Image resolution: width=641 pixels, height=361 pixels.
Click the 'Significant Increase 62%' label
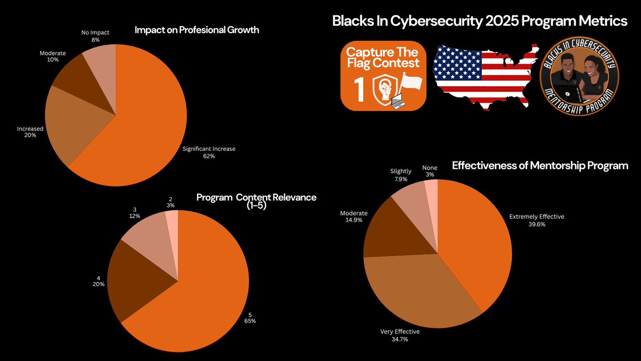point(209,152)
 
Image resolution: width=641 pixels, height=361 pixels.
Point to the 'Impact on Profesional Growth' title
point(197,30)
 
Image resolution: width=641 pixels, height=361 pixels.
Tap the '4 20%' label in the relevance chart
point(98,281)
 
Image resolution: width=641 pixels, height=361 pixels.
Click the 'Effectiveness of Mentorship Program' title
point(540,166)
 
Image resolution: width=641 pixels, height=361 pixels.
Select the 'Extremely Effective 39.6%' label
point(536,220)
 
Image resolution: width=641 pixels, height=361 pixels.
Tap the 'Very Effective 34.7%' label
point(400,335)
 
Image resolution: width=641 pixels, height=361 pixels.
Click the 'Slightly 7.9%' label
point(401,175)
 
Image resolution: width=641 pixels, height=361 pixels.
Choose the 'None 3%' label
point(429,171)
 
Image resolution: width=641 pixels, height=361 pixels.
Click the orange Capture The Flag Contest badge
point(383,73)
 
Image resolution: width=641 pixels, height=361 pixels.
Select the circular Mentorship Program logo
point(579,73)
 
